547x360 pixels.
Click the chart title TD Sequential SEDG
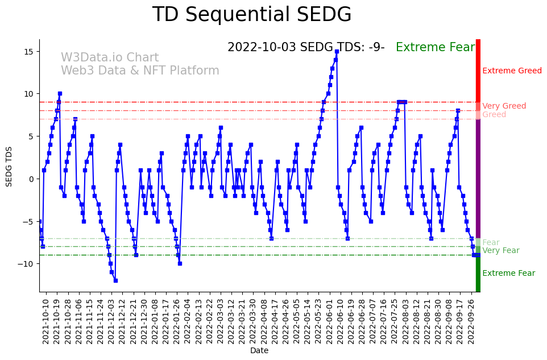coord(252,15)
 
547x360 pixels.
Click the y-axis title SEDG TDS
coord(9,165)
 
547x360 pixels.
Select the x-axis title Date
coord(259,350)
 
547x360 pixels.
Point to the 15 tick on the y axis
coord(30,51)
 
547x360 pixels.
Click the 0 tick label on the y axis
coord(32,179)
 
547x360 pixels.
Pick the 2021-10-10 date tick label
coord(46,321)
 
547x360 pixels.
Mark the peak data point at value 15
coord(337,51)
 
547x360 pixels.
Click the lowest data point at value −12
coord(115,280)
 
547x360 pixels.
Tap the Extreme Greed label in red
coord(512,71)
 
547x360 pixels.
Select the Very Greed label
coord(504,106)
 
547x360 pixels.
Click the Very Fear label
coord(500,251)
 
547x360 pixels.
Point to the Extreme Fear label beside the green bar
coord(508,274)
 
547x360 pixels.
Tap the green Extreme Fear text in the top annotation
coord(435,48)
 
